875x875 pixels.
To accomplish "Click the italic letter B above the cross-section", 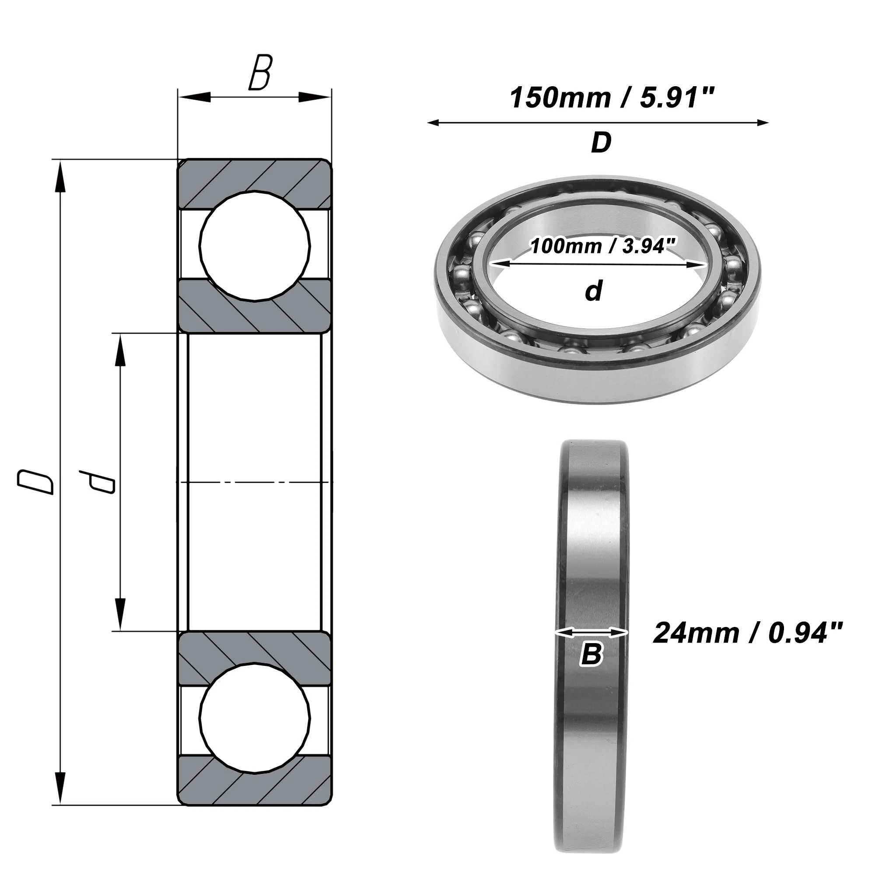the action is click(260, 73).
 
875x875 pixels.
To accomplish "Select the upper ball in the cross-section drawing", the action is click(255, 246).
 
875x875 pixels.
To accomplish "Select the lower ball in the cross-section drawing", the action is click(255, 720).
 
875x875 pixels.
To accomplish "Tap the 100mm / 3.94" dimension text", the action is click(603, 246).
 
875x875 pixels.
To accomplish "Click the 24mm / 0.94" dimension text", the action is click(748, 633).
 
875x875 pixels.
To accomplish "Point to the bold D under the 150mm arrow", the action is click(601, 143).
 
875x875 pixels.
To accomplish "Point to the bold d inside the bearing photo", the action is click(594, 290).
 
